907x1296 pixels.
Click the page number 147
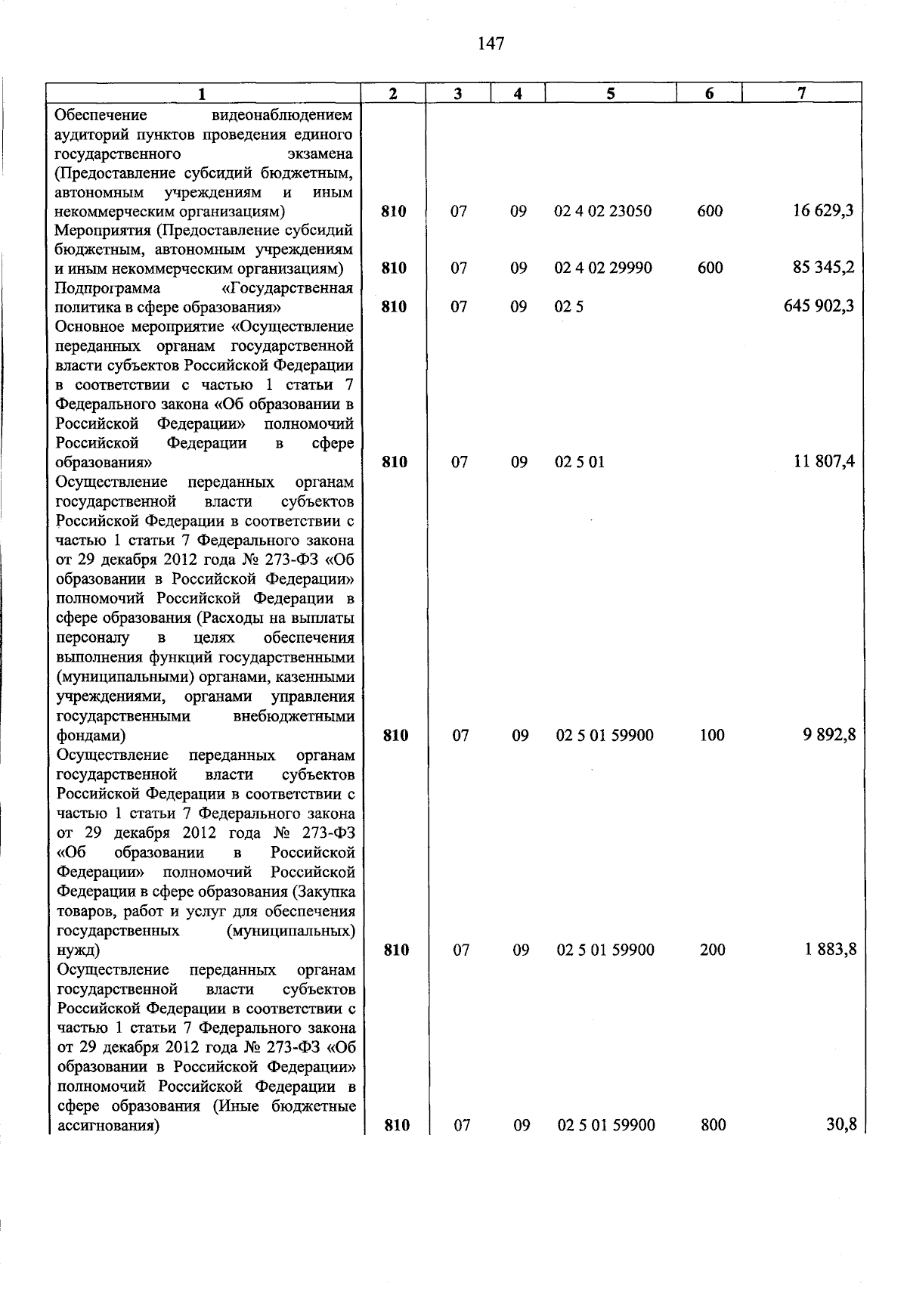click(491, 44)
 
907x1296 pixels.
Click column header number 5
click(610, 94)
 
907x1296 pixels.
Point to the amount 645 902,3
click(819, 306)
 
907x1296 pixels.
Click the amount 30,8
click(840, 1124)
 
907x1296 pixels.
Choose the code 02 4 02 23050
click(602, 212)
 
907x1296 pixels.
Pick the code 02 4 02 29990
click(602, 268)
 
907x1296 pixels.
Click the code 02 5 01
click(580, 462)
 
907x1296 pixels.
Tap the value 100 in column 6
click(712, 735)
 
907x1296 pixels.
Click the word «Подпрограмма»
click(107, 288)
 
